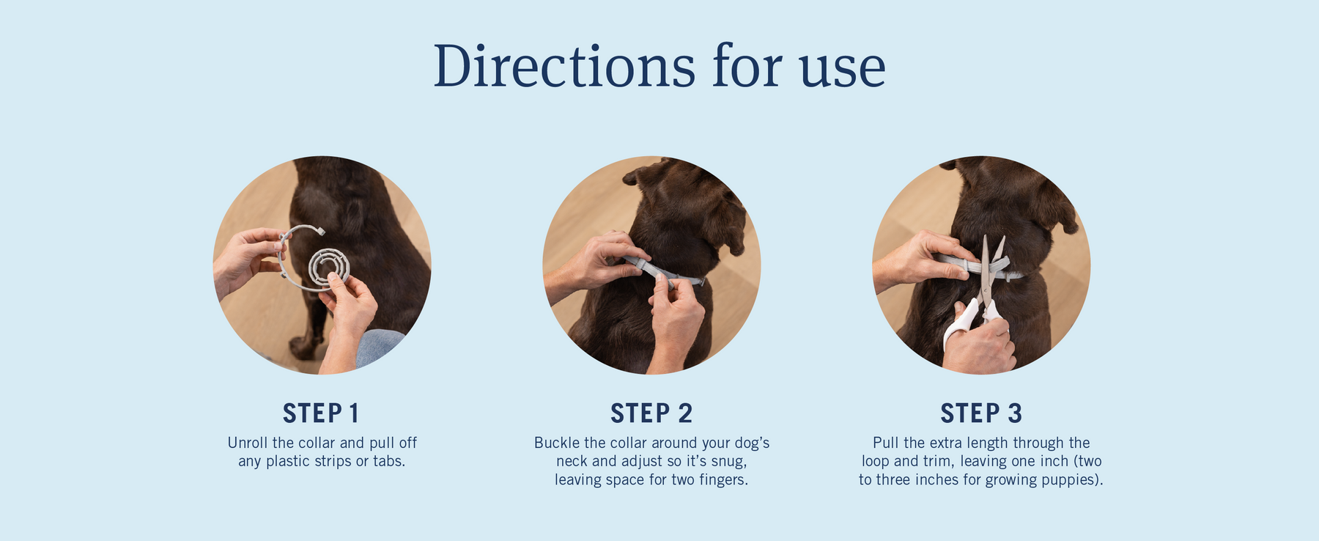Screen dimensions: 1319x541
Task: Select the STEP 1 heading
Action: (x=321, y=413)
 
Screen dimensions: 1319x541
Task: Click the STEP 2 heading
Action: (x=651, y=413)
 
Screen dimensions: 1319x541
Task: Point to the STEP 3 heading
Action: (x=981, y=413)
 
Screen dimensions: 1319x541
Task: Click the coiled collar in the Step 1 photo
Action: (x=329, y=267)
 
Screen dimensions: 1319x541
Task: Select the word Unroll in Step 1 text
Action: (x=248, y=443)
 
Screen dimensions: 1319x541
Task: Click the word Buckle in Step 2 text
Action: (x=557, y=443)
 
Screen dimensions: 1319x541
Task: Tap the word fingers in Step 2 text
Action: (x=723, y=481)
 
